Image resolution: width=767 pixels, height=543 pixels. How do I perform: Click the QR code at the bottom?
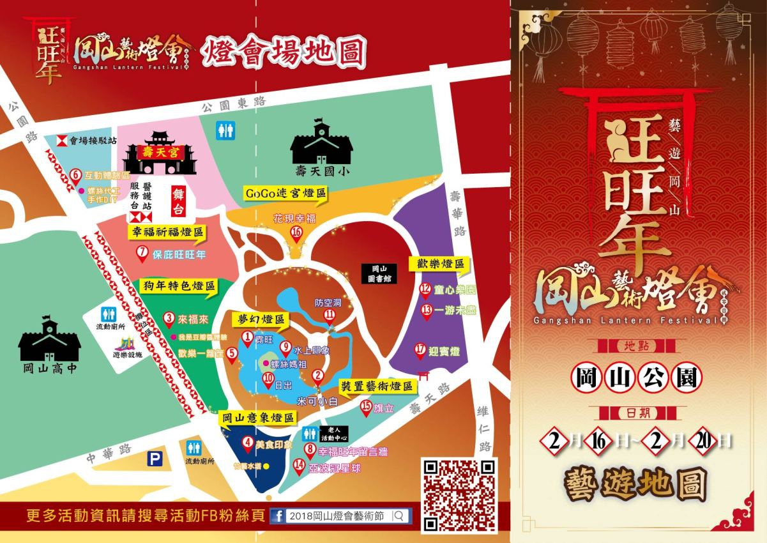[460, 494]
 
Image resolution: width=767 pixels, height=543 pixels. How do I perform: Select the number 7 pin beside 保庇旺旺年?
[142, 253]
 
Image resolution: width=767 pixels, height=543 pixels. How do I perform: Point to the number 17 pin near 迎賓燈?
[420, 349]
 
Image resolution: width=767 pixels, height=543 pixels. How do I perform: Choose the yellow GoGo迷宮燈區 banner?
[285, 193]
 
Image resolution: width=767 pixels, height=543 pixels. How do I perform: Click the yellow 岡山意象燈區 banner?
[259, 418]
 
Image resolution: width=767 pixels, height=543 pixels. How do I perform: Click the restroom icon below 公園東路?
[225, 130]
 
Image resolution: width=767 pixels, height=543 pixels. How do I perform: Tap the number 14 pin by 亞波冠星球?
[298, 466]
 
